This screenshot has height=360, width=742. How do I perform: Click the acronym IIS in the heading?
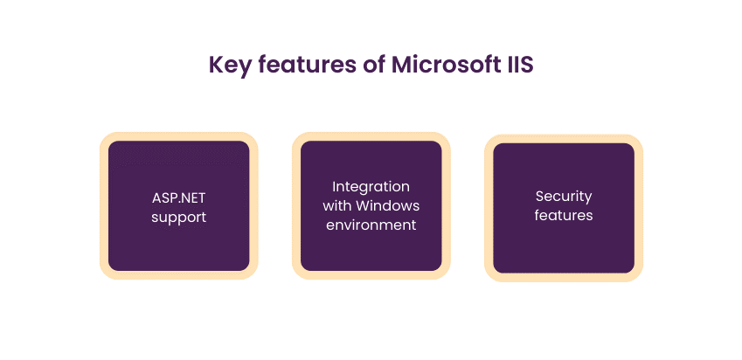point(518,66)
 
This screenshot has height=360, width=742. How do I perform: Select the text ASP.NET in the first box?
point(178,197)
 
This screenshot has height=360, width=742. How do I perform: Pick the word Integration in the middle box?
point(371,187)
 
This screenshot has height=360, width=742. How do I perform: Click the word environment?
point(371,225)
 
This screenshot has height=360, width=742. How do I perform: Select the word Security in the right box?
point(563,197)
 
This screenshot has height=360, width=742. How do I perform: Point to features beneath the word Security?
point(563,216)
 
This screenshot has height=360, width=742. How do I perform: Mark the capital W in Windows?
point(365,206)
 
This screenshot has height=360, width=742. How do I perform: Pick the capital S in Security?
point(539,197)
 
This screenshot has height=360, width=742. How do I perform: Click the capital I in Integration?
point(334,187)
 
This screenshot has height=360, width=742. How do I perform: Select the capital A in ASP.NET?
point(155,197)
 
